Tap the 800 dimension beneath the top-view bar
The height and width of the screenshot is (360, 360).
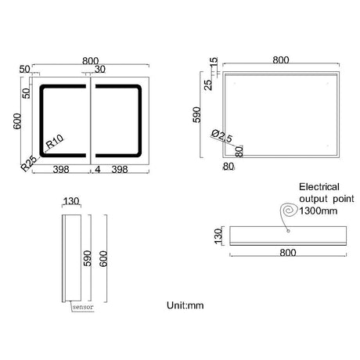[288, 254]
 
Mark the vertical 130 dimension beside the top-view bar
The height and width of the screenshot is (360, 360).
[219, 233]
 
